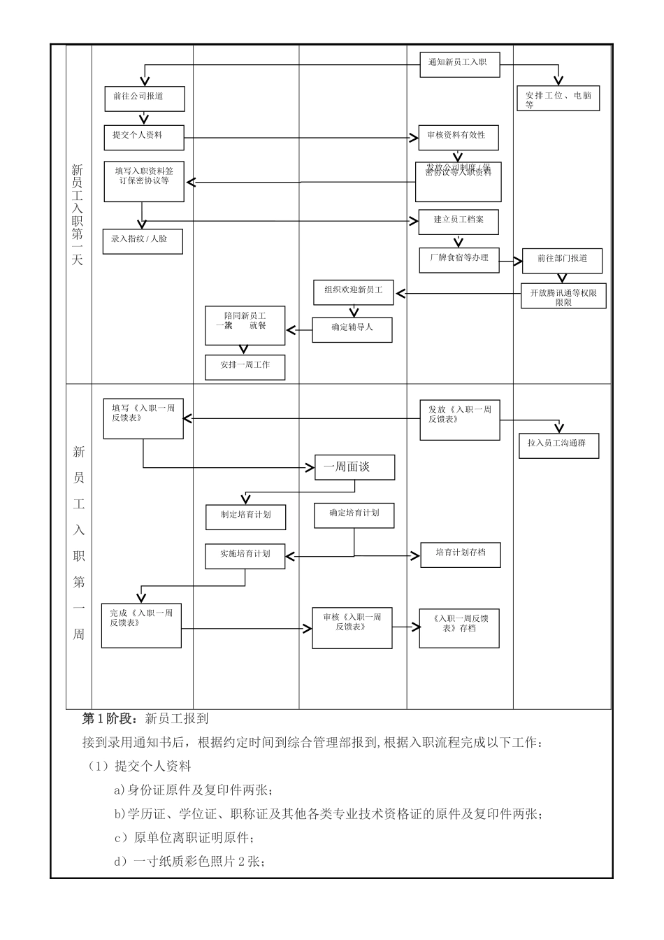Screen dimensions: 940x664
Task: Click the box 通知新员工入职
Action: coord(459,64)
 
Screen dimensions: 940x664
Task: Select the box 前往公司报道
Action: coord(144,99)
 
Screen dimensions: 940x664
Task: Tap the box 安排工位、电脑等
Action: coord(558,99)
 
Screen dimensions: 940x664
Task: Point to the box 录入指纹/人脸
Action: coord(143,241)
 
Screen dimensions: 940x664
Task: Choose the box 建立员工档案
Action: coord(459,221)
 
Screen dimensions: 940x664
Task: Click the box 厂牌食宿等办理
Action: coord(459,259)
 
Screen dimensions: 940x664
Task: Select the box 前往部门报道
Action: coord(563,260)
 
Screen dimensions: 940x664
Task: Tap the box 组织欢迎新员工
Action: coord(354,292)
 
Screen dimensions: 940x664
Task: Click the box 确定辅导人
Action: coord(352,329)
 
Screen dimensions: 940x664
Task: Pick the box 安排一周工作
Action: coord(245,366)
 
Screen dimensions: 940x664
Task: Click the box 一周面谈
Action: coord(354,467)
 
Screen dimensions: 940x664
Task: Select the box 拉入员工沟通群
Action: coord(558,445)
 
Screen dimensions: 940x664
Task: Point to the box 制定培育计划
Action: coord(245,516)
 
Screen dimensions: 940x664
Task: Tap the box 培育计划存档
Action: coord(461,554)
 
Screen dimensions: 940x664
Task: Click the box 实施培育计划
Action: coord(245,555)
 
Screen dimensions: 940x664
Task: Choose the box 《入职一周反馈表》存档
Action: coord(459,625)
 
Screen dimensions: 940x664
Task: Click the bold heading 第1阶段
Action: coord(109,718)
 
